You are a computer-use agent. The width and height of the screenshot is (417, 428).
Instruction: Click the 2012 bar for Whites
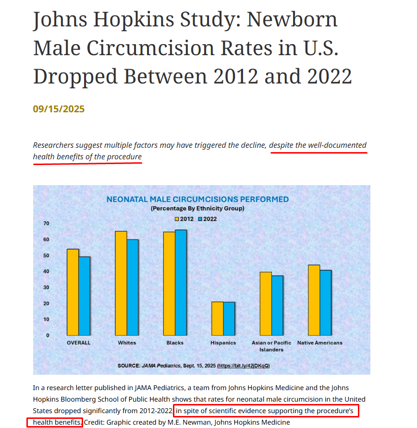pos(121,283)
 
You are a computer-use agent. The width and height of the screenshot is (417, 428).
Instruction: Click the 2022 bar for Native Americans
pos(326,302)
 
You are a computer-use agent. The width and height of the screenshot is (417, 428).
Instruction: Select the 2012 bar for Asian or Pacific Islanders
pos(266,303)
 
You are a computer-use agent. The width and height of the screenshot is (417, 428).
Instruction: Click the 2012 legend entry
pos(184,219)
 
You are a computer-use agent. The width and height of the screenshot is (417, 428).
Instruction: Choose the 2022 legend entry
pos(208,219)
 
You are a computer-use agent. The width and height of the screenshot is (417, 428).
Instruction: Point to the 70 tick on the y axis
pos(47,224)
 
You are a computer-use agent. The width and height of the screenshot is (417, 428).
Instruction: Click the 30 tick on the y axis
pos(47,287)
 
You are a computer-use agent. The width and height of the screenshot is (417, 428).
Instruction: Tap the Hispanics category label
pos(223,343)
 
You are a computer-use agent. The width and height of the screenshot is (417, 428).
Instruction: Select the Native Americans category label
pos(320,343)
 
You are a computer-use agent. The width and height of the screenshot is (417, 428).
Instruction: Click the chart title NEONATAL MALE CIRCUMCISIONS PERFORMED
pos(197,199)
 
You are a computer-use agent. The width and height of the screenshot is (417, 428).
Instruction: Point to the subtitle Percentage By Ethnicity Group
pos(197,209)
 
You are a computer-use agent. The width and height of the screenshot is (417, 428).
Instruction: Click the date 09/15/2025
pos(59,109)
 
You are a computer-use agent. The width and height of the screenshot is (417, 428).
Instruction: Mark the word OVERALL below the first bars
pos(78,343)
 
